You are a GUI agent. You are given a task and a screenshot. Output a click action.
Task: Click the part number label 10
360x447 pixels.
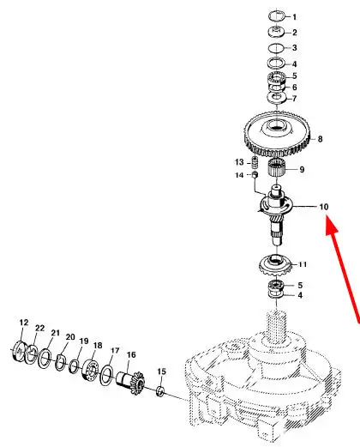324,207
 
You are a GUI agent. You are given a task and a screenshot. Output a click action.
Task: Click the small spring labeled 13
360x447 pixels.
255,163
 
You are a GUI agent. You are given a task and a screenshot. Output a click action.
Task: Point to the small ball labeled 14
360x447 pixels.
255,174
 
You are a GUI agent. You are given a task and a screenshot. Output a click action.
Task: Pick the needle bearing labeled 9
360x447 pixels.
277,168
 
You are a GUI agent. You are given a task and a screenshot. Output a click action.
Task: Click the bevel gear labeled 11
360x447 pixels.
275,265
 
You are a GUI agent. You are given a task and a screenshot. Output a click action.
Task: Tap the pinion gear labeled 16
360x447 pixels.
131,382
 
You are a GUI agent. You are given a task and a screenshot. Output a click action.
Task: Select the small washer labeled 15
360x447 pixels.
160,391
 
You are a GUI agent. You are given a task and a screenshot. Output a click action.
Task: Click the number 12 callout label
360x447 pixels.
24,323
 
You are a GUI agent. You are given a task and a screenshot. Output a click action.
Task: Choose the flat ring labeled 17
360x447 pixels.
106,375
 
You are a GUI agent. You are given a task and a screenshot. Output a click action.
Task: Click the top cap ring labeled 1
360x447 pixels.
276,15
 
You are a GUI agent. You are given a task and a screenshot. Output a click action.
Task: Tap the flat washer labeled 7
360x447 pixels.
277,98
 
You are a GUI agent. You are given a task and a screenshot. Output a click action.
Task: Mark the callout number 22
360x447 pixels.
40,328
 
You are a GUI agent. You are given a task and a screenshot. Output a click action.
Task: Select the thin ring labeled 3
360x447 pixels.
276,48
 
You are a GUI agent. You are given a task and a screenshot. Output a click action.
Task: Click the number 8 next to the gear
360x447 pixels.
320,139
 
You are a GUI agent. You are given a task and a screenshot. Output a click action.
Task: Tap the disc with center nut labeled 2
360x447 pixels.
276,31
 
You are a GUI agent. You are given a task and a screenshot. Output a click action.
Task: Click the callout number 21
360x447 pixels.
56,333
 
